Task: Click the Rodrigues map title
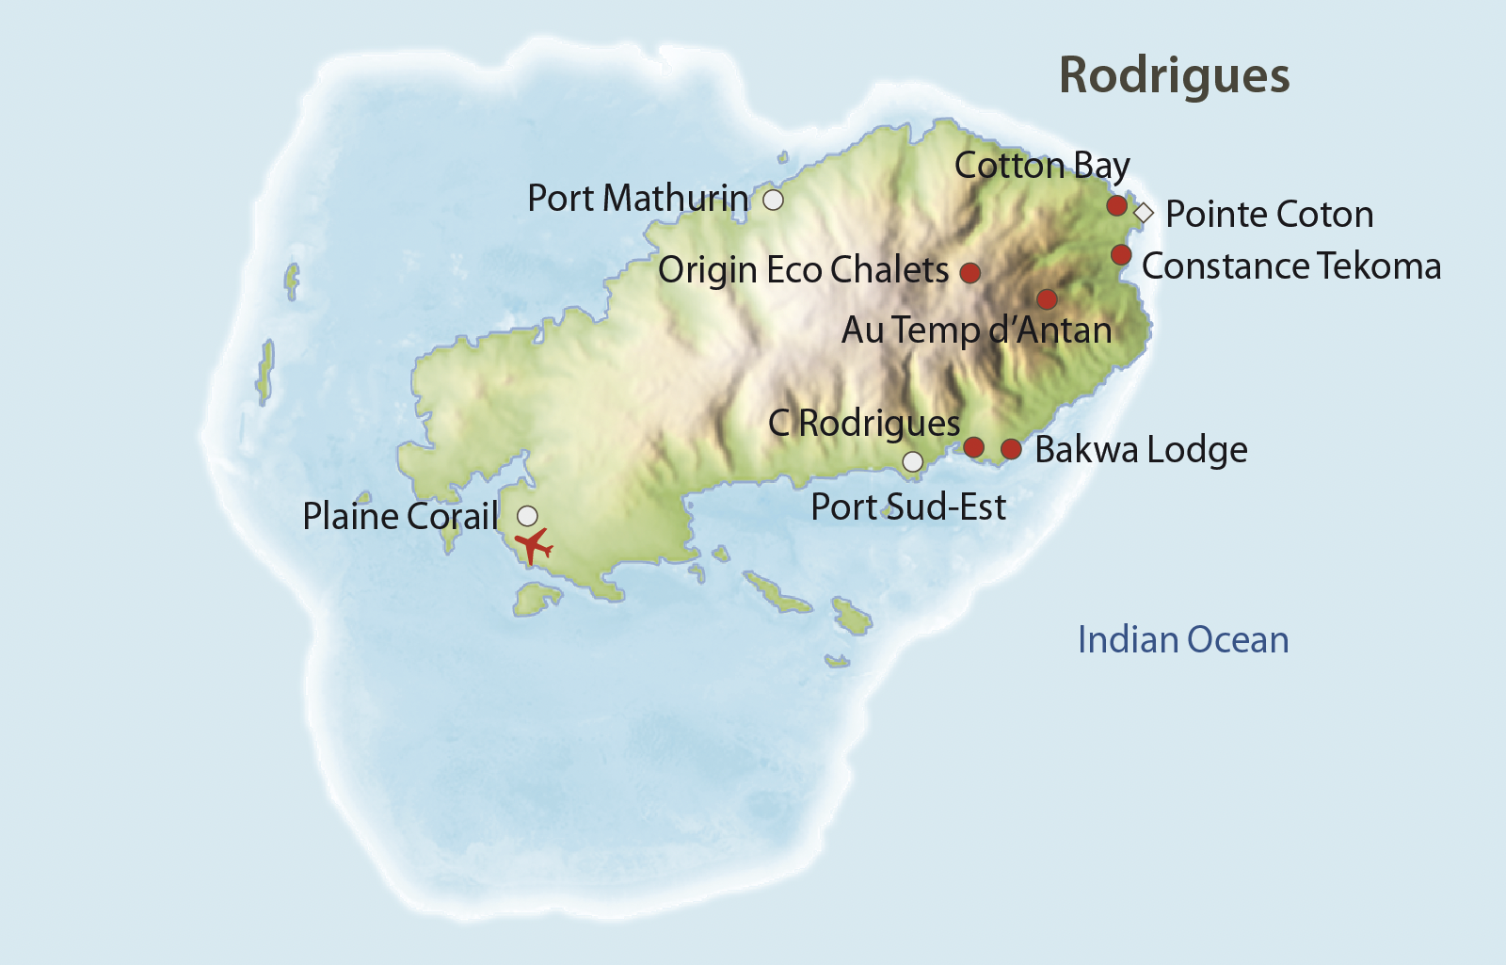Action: [x=1174, y=75]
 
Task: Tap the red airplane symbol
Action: [x=534, y=545]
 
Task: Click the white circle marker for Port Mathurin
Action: [x=773, y=200]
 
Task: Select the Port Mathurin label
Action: [x=637, y=199]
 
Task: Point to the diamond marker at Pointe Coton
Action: [x=1144, y=213]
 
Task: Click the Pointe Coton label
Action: [x=1269, y=215]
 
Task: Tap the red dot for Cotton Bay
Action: [x=1116, y=205]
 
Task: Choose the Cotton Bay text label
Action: [x=1041, y=166]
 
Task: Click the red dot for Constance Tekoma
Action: [x=1120, y=254]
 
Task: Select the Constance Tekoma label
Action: [x=1290, y=266]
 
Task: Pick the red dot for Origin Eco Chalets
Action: [x=970, y=272]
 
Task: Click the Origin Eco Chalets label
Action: [x=803, y=270]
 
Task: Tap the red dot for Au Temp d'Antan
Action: [x=1047, y=299]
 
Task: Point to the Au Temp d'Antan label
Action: [x=976, y=330]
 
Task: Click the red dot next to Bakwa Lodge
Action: [x=1011, y=449]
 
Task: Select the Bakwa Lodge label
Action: [x=1141, y=450]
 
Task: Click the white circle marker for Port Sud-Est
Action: [x=913, y=461]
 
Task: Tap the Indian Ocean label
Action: [x=1182, y=640]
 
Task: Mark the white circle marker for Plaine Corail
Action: [x=528, y=515]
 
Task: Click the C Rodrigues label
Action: [x=863, y=424]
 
